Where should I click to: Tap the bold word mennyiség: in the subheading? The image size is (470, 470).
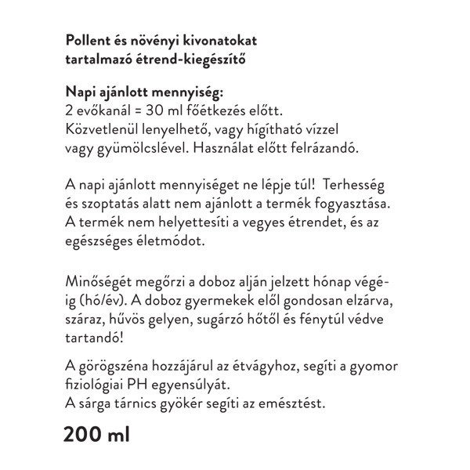pos(186,93)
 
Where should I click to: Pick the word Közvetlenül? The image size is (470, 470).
pos(102,128)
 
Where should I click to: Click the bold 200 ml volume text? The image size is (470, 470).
pos(97,433)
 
